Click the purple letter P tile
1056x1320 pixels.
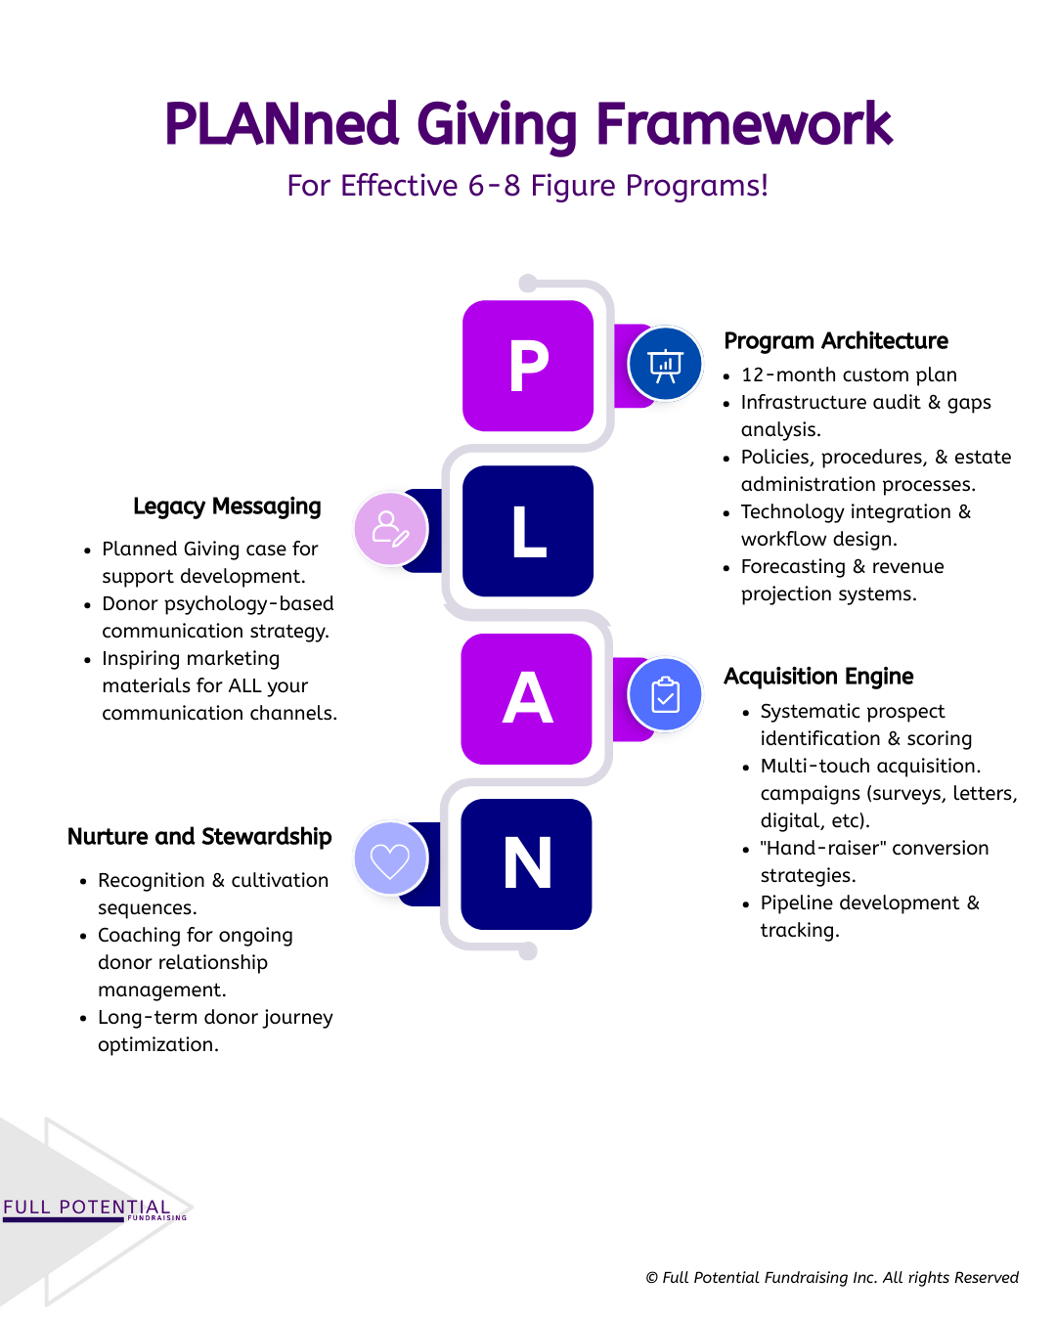528,366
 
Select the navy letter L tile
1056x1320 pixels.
528,531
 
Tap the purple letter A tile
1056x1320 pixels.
527,699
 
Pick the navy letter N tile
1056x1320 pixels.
527,864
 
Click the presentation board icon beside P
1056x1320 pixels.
665,365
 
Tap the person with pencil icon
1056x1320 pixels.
390,529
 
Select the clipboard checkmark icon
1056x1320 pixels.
665,695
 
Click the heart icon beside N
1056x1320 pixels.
390,859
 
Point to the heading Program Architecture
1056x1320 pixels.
836,341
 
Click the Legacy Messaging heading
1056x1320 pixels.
227,506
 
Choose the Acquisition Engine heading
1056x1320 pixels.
818,677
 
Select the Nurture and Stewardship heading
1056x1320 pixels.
199,837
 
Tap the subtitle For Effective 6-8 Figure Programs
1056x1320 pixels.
528,186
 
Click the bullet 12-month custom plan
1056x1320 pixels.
849,375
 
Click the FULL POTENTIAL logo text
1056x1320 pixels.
86,1208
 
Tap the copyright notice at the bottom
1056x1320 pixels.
832,1278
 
